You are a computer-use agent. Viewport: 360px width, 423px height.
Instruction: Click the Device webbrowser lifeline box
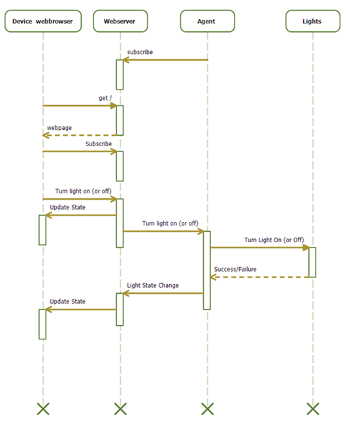coord(43,21)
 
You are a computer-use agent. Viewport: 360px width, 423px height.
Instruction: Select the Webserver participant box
coord(120,21)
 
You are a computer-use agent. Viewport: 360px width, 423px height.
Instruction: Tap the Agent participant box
coord(207,21)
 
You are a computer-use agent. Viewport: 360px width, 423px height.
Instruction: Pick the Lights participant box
coord(313,21)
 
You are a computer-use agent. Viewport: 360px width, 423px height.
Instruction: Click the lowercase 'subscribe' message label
coord(140,52)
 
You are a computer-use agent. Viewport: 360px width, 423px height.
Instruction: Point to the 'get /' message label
coord(105,98)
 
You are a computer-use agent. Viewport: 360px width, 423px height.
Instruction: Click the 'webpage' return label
coord(59,127)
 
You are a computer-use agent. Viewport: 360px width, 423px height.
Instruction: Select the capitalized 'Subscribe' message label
coord(99,144)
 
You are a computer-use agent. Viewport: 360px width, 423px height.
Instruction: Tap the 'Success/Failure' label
coord(235,269)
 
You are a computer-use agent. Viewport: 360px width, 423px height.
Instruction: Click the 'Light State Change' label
coord(153,285)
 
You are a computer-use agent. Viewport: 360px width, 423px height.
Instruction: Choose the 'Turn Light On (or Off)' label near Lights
coord(274,240)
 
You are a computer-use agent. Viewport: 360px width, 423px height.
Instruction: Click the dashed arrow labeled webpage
coord(80,135)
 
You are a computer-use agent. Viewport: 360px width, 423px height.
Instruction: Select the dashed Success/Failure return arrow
coord(259,277)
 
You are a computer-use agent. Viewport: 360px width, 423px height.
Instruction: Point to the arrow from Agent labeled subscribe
coord(165,60)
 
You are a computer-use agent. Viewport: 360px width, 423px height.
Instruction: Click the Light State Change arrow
coord(163,293)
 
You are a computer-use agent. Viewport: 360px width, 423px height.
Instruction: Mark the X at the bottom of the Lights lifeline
coord(313,409)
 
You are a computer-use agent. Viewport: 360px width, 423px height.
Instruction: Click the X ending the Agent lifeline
coord(207,409)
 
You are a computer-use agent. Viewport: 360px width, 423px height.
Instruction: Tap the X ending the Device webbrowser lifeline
coord(43,409)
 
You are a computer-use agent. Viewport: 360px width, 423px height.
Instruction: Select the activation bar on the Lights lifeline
coord(312,262)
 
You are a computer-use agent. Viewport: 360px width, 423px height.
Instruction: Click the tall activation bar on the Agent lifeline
coord(207,270)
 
